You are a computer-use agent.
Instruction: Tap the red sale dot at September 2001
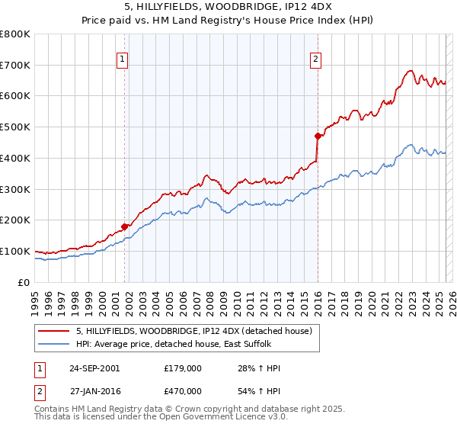point(124,226)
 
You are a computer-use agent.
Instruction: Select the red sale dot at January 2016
point(318,136)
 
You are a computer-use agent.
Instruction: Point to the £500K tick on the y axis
point(15,127)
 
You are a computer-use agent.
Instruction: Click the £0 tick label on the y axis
point(24,282)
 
